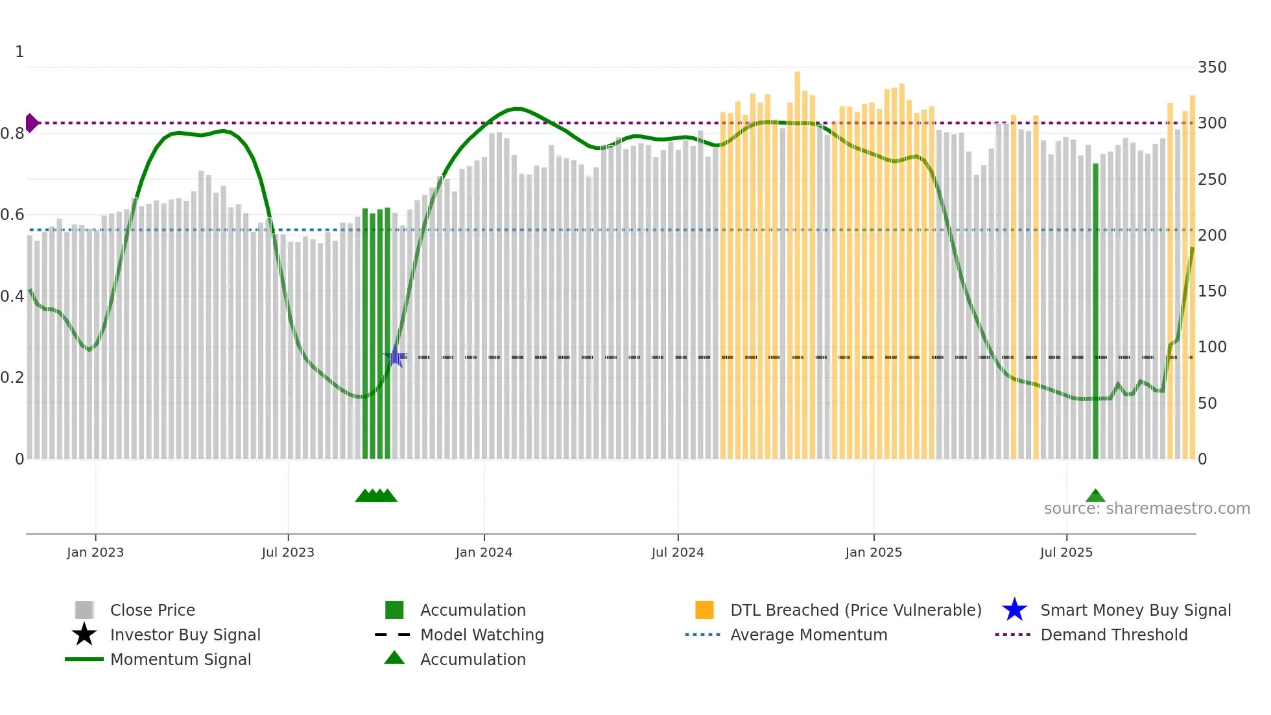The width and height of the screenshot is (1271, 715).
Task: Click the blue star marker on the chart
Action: click(x=395, y=356)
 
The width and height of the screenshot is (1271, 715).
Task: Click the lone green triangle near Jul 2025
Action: click(x=1095, y=496)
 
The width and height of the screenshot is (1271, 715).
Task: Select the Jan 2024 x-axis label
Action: click(x=484, y=552)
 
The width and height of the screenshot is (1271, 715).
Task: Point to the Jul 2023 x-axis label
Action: click(x=288, y=552)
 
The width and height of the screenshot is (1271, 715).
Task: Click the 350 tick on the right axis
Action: click(x=1212, y=67)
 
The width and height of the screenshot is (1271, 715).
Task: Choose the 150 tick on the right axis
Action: click(x=1212, y=291)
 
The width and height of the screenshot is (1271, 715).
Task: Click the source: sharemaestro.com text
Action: click(x=1146, y=509)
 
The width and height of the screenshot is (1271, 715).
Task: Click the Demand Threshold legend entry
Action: click(x=1113, y=635)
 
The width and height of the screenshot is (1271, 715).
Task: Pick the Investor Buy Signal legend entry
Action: click(x=185, y=635)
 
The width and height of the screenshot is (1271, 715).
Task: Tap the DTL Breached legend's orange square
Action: click(x=704, y=610)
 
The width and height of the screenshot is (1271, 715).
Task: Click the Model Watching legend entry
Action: click(x=481, y=635)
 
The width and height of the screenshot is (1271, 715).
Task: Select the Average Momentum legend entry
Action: click(x=808, y=635)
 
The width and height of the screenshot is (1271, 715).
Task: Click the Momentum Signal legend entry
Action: click(x=180, y=659)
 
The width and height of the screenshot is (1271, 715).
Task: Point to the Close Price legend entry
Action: click(x=152, y=610)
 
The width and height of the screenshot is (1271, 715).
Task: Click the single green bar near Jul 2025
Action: click(x=1095, y=311)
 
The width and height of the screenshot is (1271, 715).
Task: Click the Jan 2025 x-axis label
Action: click(x=873, y=552)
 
